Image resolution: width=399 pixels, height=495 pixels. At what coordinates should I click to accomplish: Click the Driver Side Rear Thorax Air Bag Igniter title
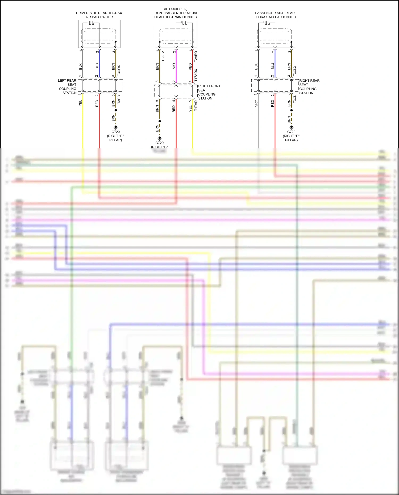pos(99,15)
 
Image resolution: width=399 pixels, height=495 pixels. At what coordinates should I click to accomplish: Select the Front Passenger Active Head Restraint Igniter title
pos(176,15)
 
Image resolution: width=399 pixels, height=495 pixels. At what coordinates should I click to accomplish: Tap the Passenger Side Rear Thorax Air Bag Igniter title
pos(275,15)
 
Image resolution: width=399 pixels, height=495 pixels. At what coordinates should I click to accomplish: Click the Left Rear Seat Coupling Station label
pos(68,86)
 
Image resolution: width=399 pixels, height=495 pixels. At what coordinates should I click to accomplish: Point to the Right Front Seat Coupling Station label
pos(209,92)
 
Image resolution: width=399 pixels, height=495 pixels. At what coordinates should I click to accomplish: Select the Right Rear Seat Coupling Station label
pos(309,87)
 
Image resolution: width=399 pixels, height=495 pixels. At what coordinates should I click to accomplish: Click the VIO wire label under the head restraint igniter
pos(174,66)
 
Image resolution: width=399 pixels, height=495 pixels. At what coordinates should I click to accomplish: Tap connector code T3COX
pos(119,70)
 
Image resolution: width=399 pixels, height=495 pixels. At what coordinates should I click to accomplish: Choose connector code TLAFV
pos(163,56)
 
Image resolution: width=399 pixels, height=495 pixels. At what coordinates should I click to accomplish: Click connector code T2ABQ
pos(196,56)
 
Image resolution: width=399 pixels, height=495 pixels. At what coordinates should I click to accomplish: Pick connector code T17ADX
pos(196,75)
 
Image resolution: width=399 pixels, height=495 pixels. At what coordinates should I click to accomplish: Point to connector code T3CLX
pos(295,71)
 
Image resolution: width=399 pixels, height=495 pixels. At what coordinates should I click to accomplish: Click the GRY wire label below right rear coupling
pos(256,103)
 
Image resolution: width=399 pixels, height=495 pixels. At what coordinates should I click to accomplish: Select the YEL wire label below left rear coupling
pos(80,103)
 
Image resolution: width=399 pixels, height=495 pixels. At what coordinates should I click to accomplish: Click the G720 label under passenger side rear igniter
pos(291,132)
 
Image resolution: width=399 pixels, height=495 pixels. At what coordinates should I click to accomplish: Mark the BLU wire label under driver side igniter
pos(97,66)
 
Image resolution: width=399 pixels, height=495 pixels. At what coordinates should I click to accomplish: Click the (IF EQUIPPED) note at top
pos(176,9)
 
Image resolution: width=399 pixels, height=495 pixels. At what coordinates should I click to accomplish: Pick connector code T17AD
pos(196,105)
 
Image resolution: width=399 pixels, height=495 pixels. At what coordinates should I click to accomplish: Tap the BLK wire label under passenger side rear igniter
pos(256,66)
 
